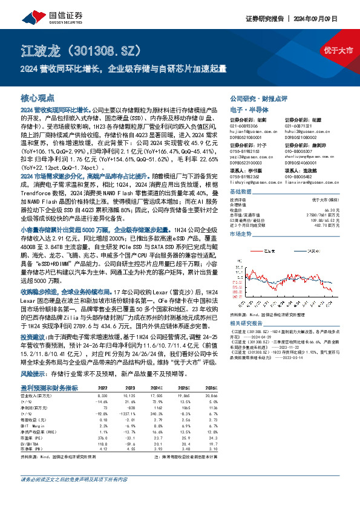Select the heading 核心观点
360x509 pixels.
[37, 97]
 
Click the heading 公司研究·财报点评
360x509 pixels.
[258, 98]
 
